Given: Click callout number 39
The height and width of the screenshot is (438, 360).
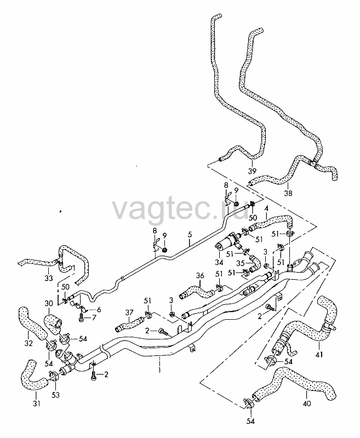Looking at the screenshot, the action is coord(252,171).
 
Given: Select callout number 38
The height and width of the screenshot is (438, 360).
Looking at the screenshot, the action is coord(288,193).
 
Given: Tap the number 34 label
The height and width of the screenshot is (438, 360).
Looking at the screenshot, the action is coord(219,262).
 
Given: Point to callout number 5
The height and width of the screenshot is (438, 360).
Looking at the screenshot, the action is coord(190,234).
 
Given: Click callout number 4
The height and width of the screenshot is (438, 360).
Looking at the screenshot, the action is coord(266,216).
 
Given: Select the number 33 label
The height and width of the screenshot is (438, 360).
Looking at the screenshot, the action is coord(49,278).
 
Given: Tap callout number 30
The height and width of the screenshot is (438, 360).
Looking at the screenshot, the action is coord(49,303).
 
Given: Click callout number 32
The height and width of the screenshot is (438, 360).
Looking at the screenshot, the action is coord(28,343).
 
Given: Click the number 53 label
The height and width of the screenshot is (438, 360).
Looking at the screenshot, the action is coord(56,395).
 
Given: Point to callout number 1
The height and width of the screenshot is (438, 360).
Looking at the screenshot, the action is coord(159,371).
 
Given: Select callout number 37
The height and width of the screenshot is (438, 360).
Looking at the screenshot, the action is coord(129,312).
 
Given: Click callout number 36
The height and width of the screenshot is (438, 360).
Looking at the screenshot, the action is coord(200,276).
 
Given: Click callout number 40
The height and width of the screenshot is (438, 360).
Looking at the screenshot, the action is coord(307,404).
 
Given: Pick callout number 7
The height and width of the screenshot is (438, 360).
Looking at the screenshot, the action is coord(94,318).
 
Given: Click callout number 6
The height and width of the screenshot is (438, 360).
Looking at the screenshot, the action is coord(99,309).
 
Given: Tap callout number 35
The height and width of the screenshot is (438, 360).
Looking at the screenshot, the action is coord(241,263).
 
